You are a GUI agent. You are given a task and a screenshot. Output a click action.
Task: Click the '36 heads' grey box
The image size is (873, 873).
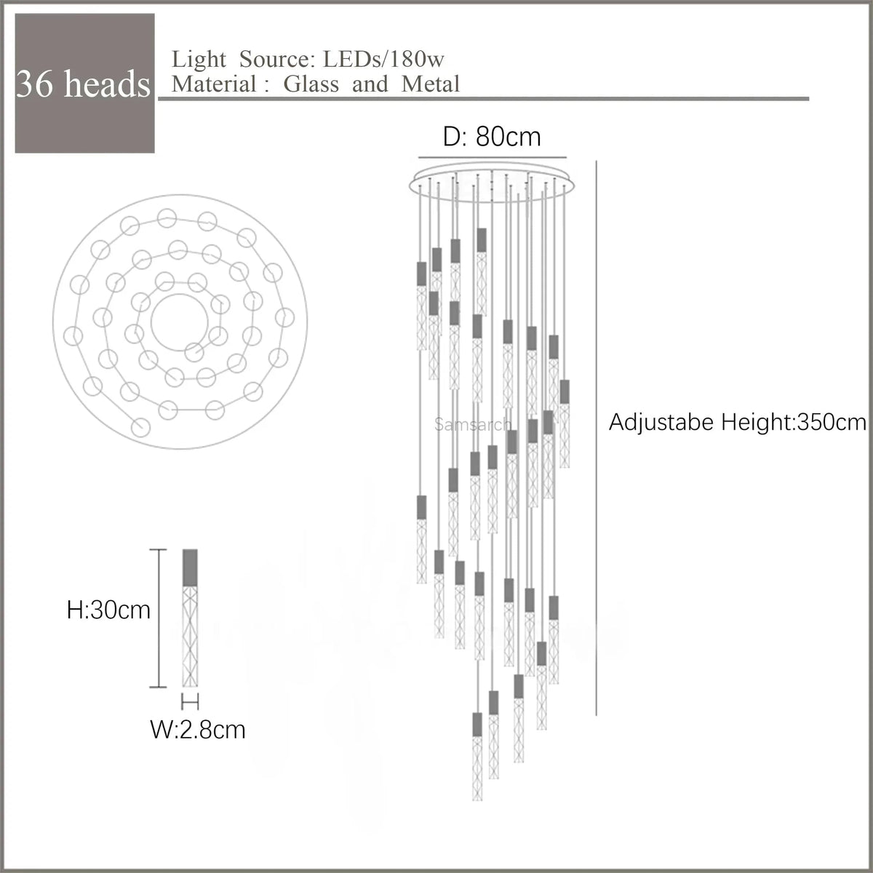pyautogui.click(x=84, y=83)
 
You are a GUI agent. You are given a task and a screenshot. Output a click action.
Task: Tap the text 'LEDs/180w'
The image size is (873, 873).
pyautogui.click(x=379, y=59)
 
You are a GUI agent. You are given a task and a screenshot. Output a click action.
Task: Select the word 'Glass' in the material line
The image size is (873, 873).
pyautogui.click(x=311, y=84)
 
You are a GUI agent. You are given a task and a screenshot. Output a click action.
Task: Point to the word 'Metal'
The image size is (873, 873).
pyautogui.click(x=431, y=84)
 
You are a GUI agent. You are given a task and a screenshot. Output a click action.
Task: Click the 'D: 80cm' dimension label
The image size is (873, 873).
pyautogui.click(x=493, y=136)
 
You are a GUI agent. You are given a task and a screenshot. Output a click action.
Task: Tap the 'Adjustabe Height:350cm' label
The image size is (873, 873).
pyautogui.click(x=737, y=422)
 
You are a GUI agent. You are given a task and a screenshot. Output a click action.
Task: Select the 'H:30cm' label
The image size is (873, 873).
pyautogui.click(x=108, y=610)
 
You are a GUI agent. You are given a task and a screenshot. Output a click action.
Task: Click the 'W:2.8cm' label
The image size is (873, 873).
pyautogui.click(x=198, y=729)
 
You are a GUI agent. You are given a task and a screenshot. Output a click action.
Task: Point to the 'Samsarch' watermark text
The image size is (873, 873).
pyautogui.click(x=473, y=424)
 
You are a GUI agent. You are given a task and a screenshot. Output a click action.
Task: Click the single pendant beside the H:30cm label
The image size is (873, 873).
pyautogui.click(x=191, y=618)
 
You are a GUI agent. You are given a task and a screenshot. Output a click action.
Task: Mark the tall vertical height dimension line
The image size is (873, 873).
pyautogui.click(x=597, y=436)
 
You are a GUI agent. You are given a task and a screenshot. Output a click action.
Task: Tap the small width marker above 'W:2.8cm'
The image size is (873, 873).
pyautogui.click(x=191, y=702)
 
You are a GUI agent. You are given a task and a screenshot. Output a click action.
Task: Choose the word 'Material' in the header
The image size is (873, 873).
pyautogui.click(x=214, y=84)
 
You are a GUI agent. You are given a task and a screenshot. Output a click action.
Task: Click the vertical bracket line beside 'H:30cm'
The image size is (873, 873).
pyautogui.click(x=159, y=617)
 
